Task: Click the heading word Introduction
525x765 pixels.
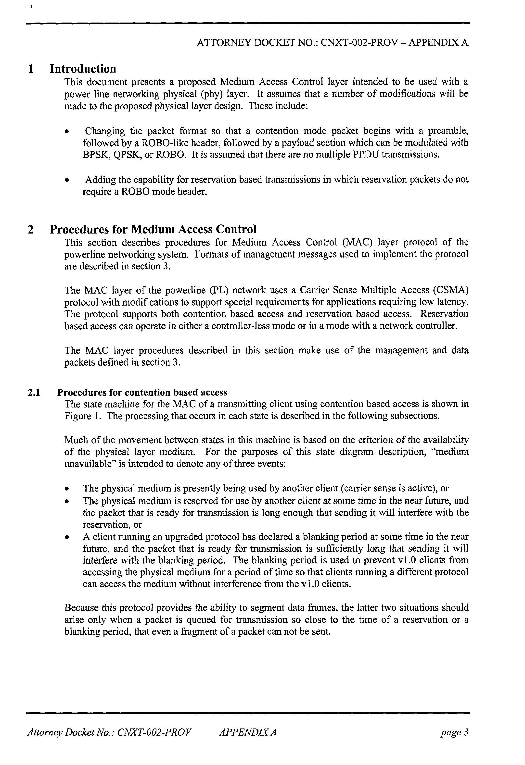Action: [x=83, y=69]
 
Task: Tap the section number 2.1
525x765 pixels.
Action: [x=34, y=392]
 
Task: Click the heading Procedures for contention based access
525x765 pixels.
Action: [x=142, y=392]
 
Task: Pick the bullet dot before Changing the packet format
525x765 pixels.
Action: [x=67, y=132]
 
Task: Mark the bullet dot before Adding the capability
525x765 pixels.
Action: [x=67, y=180]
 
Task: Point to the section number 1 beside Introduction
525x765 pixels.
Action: [x=31, y=69]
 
